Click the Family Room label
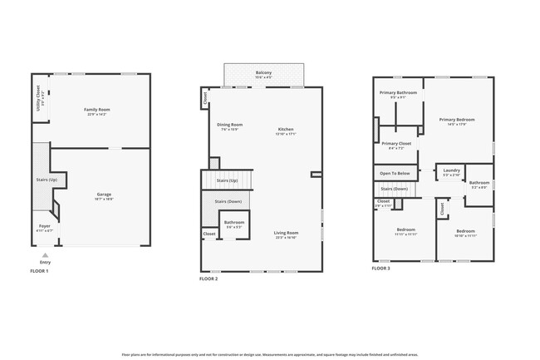96,110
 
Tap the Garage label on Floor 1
104,195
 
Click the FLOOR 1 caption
39,271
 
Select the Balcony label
263,72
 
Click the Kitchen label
286,129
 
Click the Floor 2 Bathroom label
233,222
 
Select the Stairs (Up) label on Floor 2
227,180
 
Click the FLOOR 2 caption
209,279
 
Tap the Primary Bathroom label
398,92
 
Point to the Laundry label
451,170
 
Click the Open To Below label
395,173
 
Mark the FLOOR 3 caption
380,269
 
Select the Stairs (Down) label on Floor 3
395,189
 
